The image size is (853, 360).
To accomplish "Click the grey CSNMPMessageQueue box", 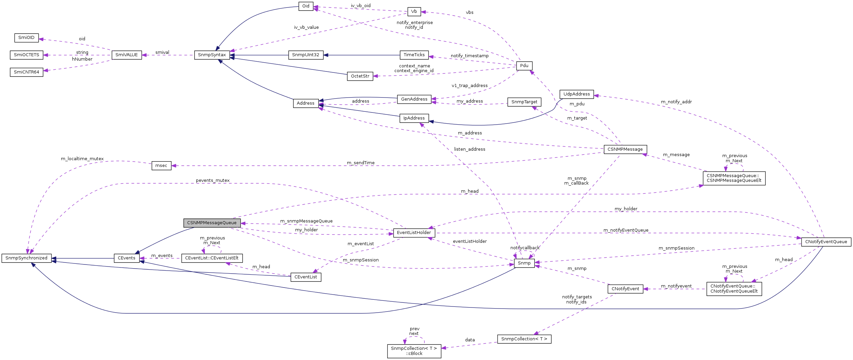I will (212, 223).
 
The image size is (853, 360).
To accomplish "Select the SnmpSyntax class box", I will (212, 55).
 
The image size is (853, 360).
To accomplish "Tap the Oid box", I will (306, 6).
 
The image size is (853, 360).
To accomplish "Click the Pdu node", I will (524, 66).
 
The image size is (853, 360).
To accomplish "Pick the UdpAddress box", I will (576, 94).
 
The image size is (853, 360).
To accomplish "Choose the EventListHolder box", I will (414, 233).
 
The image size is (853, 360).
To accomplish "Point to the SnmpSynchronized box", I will (26, 258).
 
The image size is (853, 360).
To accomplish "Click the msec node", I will (161, 166).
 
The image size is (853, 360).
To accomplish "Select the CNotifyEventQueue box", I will (826, 242).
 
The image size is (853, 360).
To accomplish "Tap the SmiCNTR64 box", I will (26, 72).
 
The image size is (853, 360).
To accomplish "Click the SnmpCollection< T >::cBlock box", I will (414, 351).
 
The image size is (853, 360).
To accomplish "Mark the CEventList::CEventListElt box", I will (212, 258).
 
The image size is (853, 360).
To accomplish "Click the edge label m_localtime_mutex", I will (82, 159).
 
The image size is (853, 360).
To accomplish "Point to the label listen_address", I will (469, 149).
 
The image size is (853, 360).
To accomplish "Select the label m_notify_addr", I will (676, 102).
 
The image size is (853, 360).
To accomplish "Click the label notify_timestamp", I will (469, 56).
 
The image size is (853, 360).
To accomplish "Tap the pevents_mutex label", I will (213, 181).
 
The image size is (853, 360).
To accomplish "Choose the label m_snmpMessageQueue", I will (306, 221).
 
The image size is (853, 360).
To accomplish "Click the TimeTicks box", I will (414, 55).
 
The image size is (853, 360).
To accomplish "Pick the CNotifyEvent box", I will (625, 289).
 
